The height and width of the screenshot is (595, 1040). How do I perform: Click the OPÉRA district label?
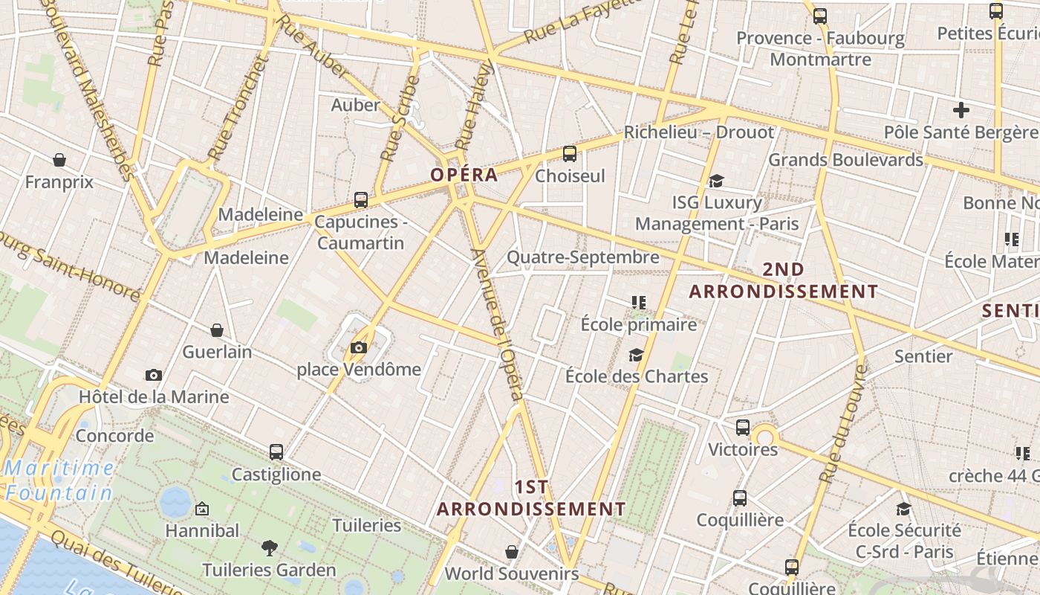(x=464, y=175)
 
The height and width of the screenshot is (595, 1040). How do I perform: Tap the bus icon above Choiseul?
(x=570, y=154)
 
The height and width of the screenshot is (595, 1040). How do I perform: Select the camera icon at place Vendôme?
(x=359, y=347)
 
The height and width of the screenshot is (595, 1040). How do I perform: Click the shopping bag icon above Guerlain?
(x=217, y=330)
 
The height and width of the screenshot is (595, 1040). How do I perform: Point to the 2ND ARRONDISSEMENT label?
(x=783, y=280)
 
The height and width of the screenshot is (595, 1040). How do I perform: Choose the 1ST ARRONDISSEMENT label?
(x=531, y=498)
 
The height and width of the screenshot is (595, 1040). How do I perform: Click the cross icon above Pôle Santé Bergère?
(x=961, y=111)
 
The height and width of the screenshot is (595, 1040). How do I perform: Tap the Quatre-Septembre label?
(x=582, y=257)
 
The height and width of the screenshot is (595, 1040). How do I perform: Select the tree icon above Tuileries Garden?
(x=270, y=549)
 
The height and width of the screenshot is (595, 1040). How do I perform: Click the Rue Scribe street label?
(x=400, y=119)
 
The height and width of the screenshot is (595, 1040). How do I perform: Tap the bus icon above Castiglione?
(x=276, y=452)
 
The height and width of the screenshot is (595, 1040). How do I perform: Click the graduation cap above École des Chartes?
(x=636, y=355)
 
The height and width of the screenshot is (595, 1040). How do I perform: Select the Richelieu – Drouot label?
(x=698, y=132)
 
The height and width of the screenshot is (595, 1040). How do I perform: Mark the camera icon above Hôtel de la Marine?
(x=154, y=376)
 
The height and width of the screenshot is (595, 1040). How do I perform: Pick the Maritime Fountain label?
(x=59, y=480)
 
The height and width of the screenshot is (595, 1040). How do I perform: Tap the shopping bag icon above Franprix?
(x=59, y=160)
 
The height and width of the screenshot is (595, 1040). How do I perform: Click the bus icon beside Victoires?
(x=743, y=428)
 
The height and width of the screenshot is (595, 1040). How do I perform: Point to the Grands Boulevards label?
(x=845, y=160)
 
